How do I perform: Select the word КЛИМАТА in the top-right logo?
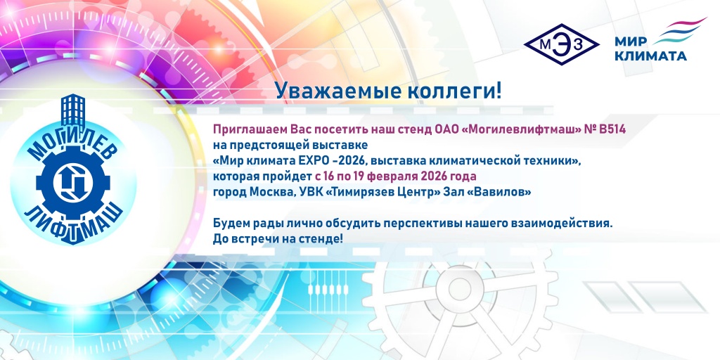pos(650,56)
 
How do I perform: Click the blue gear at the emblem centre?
pos(71,179)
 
